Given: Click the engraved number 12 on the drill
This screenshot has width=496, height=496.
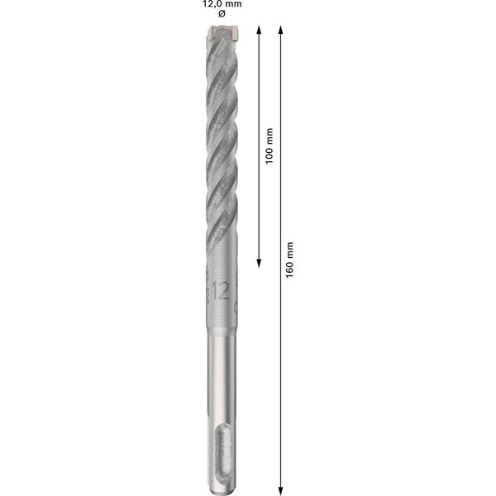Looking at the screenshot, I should click(221, 290).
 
